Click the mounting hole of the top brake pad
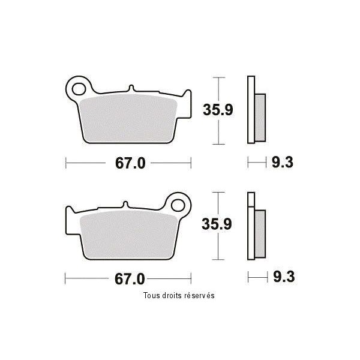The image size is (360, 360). [x=79, y=89]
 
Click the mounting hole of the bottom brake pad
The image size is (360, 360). [x=178, y=205]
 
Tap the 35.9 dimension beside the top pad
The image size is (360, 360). [x=218, y=110]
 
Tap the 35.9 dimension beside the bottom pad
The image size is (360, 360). [x=217, y=224]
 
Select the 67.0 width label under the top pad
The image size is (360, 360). [x=130, y=163]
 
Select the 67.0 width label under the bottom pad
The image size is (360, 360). [x=130, y=279]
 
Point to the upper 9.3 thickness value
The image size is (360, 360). [x=283, y=163]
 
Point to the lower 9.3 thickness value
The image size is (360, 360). [x=284, y=277]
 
